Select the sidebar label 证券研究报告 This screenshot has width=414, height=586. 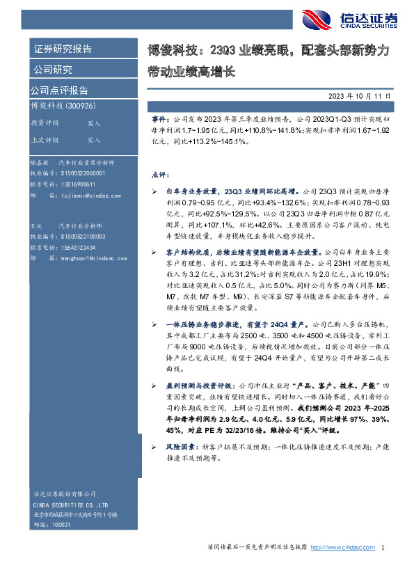(x=63, y=50)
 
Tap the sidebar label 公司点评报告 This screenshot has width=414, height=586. (x=58, y=90)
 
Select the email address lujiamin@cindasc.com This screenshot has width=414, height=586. (x=85, y=197)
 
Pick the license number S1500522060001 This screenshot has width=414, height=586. (x=82, y=173)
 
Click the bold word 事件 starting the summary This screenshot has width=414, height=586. (x=160, y=120)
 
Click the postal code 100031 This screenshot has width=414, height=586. (x=61, y=525)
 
